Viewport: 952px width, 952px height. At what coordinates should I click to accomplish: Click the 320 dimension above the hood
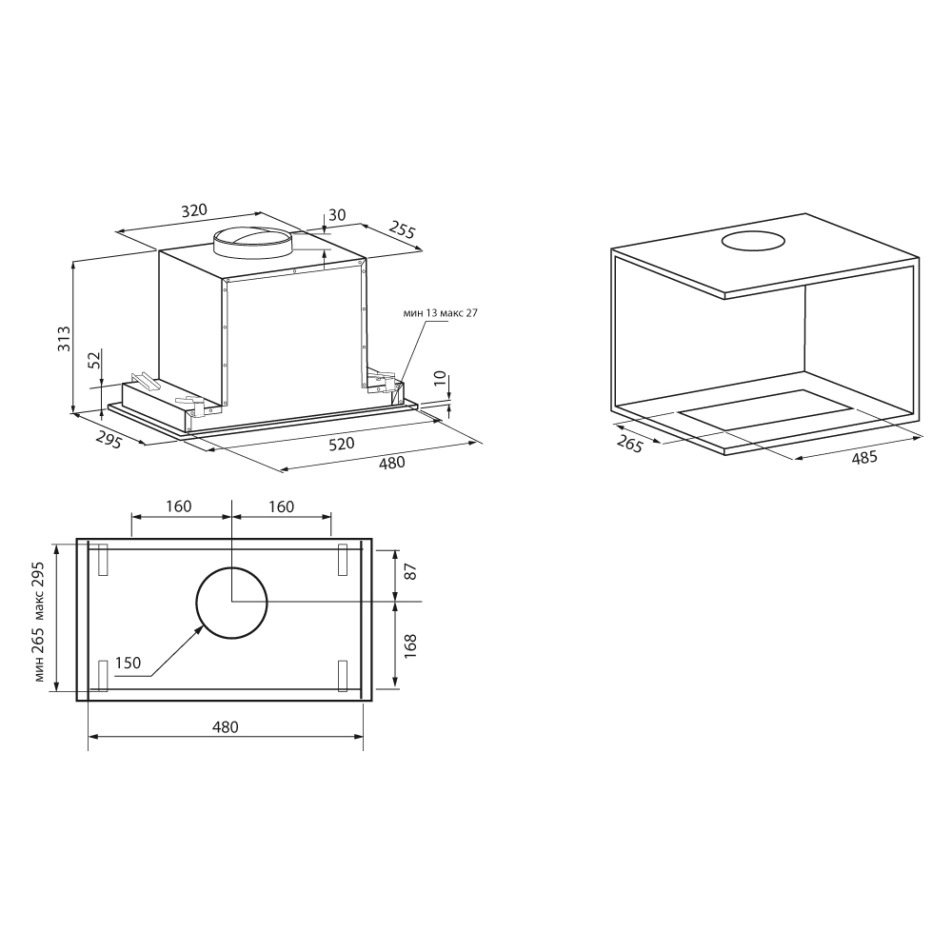[194, 211]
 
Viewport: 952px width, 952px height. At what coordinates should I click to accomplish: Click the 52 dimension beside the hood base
[93, 360]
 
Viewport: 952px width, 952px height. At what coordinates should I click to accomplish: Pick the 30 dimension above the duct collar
[337, 215]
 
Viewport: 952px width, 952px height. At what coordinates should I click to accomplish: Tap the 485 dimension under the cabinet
[863, 458]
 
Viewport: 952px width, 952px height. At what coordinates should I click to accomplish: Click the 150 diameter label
[127, 663]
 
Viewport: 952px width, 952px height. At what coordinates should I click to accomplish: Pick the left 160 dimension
[178, 506]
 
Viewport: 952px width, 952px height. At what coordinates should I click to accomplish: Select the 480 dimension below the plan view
[225, 727]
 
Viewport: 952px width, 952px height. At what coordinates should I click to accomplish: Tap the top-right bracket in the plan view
[343, 559]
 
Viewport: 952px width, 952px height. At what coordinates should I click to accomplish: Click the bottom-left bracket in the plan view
[104, 675]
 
